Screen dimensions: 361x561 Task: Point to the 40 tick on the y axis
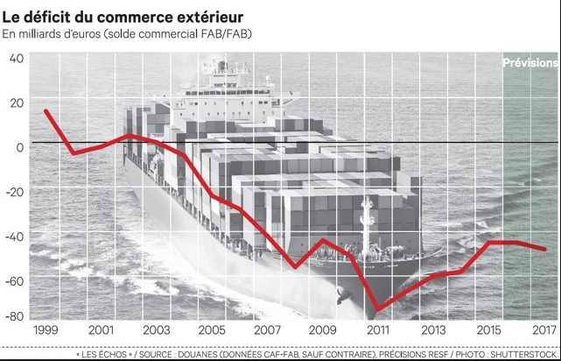[17, 59]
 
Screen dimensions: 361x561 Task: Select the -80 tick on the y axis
[15, 315]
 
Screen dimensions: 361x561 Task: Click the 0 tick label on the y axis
[20, 145]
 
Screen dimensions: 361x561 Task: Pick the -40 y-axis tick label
[14, 236]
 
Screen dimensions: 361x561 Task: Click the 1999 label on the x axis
[46, 330]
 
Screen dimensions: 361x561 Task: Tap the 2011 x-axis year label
[377, 330]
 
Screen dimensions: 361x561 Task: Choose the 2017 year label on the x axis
[543, 330]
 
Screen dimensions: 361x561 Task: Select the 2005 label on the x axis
[212, 330]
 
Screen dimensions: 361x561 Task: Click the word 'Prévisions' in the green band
[530, 63]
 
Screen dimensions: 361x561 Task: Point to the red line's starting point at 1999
[46, 110]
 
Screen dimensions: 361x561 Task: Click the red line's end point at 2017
[545, 250]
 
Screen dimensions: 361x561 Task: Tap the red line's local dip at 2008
[295, 267]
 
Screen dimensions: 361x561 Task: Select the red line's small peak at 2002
[129, 135]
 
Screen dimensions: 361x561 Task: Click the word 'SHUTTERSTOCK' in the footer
[525, 353]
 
